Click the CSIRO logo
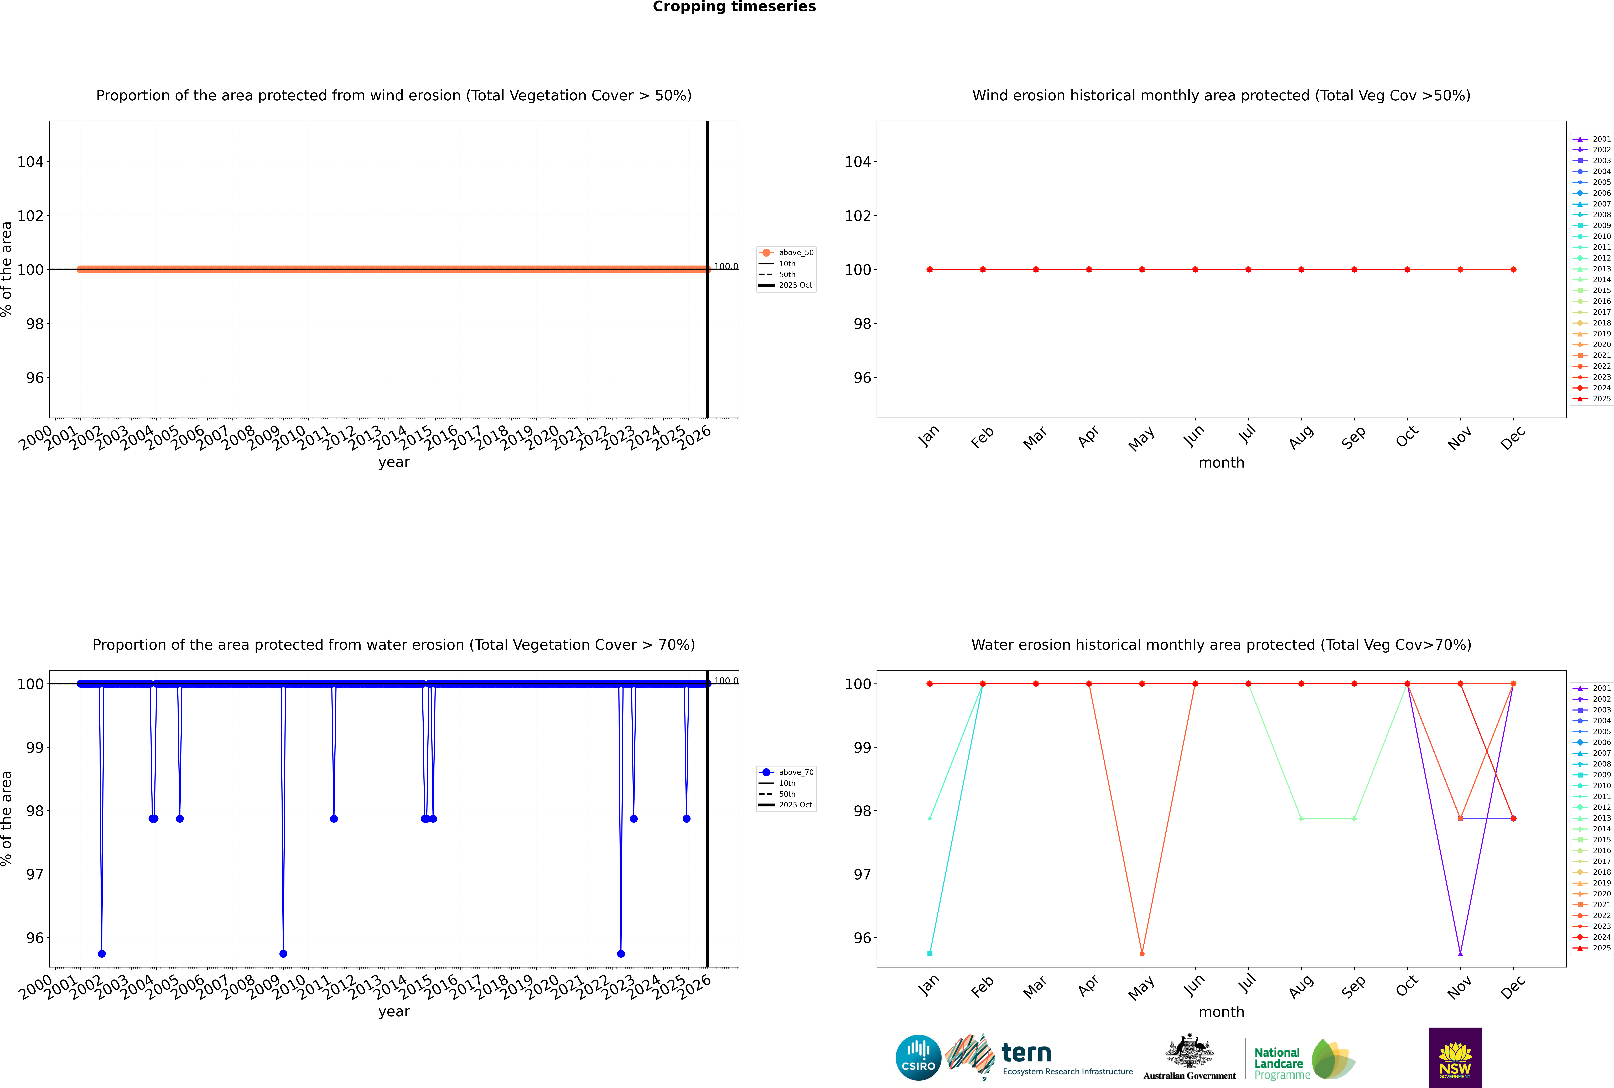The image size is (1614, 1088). [x=918, y=1058]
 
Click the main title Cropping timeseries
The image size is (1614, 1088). [x=734, y=7]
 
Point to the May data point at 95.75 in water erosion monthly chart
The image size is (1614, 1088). [x=1142, y=953]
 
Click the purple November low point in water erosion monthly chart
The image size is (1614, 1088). [x=1461, y=953]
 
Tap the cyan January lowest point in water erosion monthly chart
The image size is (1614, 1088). [x=930, y=953]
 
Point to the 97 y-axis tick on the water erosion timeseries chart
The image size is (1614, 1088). [x=35, y=874]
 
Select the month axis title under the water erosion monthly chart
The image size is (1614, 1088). [x=1221, y=1012]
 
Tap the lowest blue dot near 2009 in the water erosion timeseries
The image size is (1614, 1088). [x=283, y=953]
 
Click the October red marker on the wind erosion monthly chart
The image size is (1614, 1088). [x=1407, y=269]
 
